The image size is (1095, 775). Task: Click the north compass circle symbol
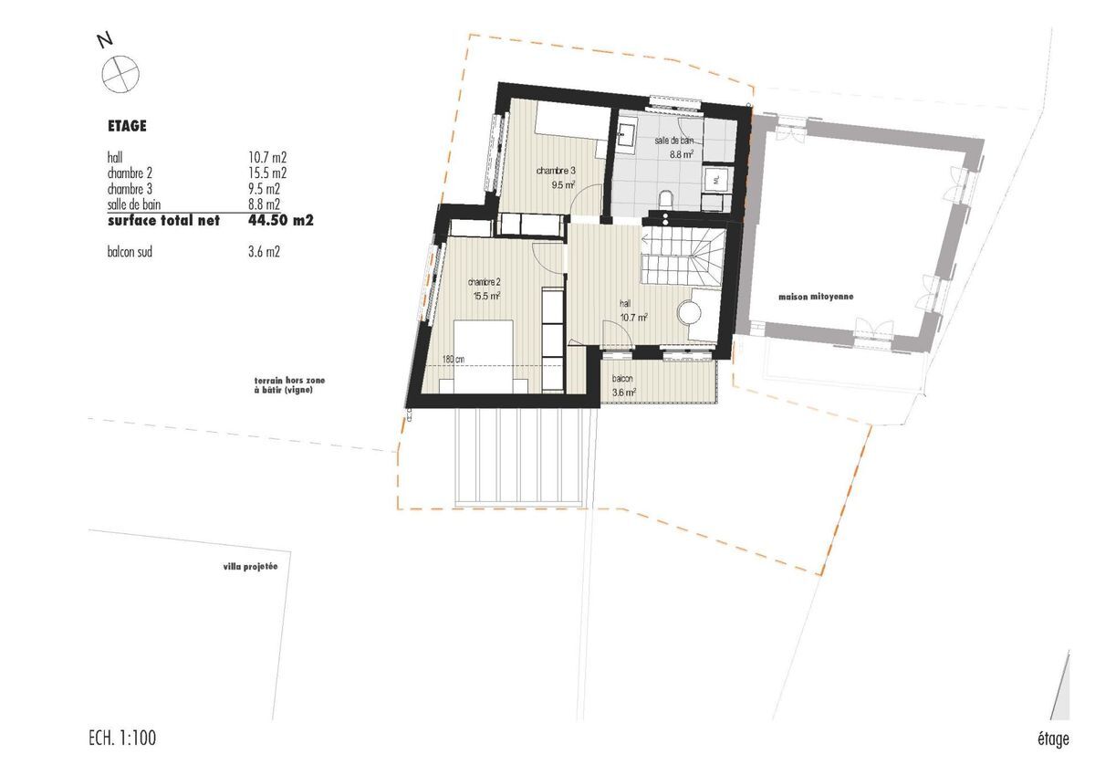120,75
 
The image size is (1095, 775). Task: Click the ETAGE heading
127,126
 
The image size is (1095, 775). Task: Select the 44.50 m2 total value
281,221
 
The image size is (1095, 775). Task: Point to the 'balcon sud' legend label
130,252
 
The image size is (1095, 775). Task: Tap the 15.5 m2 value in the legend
267,173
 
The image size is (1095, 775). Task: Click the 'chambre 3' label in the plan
556,171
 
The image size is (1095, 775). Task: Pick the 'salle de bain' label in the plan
674,141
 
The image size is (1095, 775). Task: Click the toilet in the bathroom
665,201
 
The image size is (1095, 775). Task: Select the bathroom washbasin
626,133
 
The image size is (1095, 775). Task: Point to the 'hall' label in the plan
625,304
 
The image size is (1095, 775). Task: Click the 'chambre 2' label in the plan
484,282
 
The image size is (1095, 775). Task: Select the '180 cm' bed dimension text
454,359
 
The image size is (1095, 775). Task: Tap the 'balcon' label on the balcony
622,379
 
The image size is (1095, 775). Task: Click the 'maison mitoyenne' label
816,297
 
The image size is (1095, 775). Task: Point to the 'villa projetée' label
250,566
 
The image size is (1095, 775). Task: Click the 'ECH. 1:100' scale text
122,738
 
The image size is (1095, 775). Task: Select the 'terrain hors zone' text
289,381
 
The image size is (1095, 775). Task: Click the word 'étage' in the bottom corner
1053,739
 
